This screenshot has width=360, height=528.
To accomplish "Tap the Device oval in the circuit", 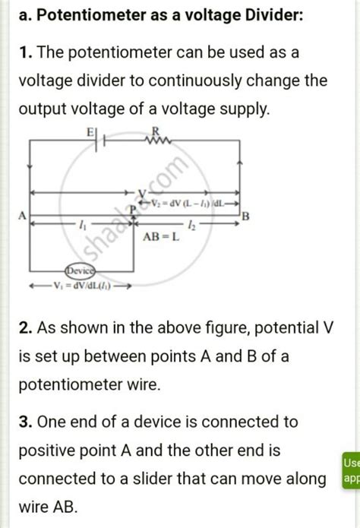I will (80, 270).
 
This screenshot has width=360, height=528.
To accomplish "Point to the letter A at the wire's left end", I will (23, 217).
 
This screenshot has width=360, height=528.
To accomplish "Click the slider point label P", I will (133, 207).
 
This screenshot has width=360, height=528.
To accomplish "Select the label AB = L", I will (162, 236).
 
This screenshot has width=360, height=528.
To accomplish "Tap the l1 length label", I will (82, 225).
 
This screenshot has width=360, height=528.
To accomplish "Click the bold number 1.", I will (24, 52).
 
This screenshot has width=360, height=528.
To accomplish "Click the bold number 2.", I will (25, 328).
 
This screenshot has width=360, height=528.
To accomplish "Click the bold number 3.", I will (25, 421).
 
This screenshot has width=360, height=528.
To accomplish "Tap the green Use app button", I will (351, 470).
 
